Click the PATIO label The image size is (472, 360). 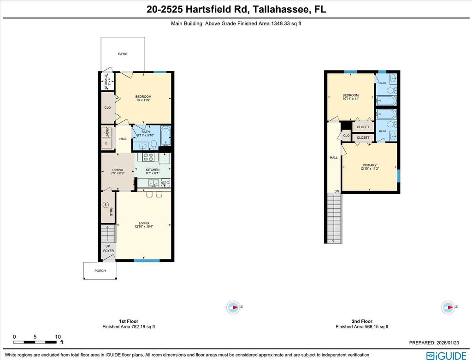[x=122, y=54]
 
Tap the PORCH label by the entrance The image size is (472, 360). [x=100, y=271]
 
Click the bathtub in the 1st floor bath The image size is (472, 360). [x=166, y=137]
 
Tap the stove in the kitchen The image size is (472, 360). [x=148, y=157]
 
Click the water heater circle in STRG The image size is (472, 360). [x=105, y=204]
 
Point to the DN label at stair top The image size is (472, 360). [x=336, y=191]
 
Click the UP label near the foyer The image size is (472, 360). [x=108, y=246]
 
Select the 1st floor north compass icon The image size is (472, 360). [x=234, y=307]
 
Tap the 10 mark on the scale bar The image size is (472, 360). [x=58, y=336]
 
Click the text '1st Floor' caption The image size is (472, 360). [x=129, y=321]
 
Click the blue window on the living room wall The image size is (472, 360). [x=147, y=261]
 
